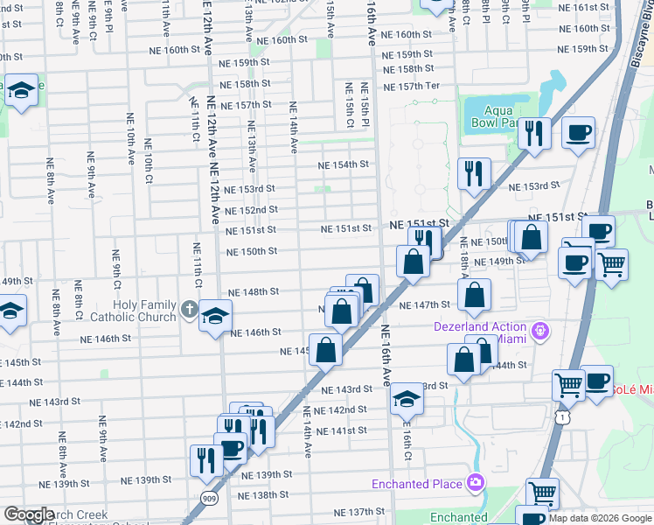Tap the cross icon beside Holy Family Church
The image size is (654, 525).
(188, 309)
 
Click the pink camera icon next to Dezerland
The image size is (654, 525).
(541, 330)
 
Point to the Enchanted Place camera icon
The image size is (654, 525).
(475, 482)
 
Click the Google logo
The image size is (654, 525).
(29, 514)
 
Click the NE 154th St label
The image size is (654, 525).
(342, 165)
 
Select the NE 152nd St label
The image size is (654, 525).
(251, 210)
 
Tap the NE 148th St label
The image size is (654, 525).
(253, 291)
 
